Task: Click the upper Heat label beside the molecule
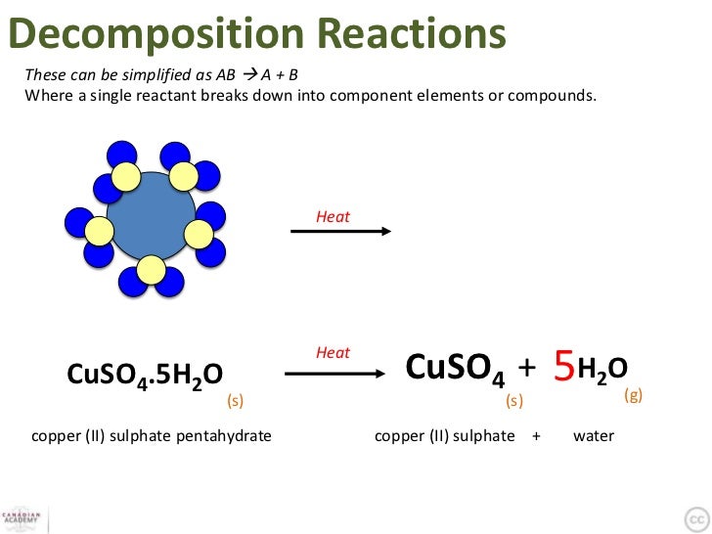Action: (333, 217)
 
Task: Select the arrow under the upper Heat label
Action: (341, 232)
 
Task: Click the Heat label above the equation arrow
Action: (333, 352)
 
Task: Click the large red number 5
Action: (563, 368)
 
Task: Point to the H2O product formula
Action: (602, 370)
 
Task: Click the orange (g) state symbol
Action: (633, 396)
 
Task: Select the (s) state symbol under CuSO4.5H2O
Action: (235, 401)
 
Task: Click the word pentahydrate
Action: (223, 435)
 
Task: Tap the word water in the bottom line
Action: (594, 435)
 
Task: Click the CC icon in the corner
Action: (695, 517)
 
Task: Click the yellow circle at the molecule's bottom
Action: (151, 269)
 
